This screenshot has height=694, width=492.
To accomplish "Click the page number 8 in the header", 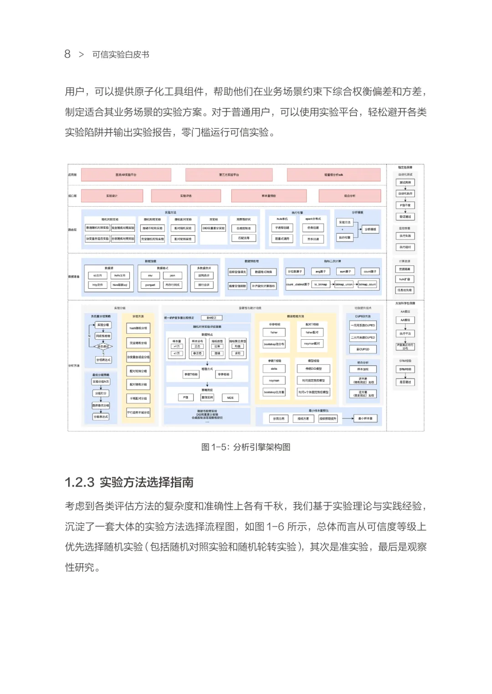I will [x=67, y=54].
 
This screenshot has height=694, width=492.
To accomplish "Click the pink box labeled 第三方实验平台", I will [x=229, y=175].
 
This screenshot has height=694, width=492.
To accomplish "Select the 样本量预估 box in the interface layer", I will [x=269, y=196].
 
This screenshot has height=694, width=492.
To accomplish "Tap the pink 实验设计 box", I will [x=112, y=196].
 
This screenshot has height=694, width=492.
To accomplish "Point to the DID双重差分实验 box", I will [x=214, y=228].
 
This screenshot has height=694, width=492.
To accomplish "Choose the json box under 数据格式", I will [x=172, y=276].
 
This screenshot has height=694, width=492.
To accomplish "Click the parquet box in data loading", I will [x=150, y=285].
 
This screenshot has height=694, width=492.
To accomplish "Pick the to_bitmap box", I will [x=321, y=285].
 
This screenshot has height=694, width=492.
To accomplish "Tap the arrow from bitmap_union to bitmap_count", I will [x=356, y=285].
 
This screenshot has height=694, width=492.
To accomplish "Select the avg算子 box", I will [x=320, y=271].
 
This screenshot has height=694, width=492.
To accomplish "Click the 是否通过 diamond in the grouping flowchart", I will [x=103, y=347].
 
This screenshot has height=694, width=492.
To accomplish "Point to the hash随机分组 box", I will [x=138, y=328].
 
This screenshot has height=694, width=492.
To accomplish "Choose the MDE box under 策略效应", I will [x=230, y=398].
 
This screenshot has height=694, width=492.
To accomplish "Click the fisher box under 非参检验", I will [x=274, y=332].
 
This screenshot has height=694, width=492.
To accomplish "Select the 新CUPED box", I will [x=363, y=349].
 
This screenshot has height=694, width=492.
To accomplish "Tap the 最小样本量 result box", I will [x=365, y=418].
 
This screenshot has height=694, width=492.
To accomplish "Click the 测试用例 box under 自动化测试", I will [x=405, y=183].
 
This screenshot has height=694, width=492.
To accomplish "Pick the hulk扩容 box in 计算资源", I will [x=405, y=279].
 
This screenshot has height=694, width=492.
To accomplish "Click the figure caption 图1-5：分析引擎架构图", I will [x=246, y=447].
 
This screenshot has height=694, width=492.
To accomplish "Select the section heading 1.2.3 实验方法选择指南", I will [x=129, y=482].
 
